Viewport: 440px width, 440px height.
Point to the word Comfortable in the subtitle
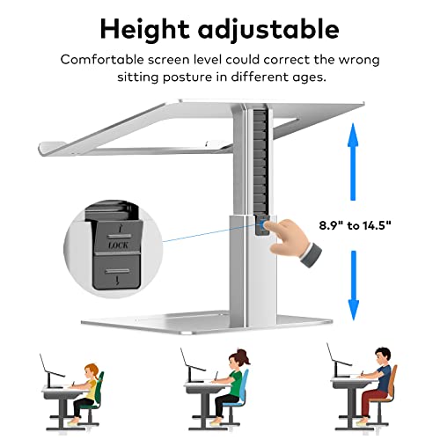(x=101, y=60)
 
